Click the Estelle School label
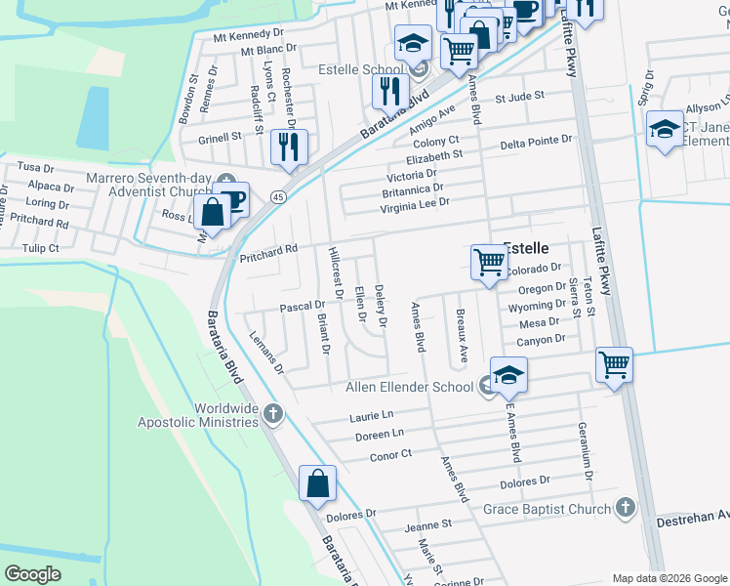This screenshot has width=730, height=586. coord(361,69)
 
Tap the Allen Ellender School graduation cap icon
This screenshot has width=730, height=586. coord(508,375)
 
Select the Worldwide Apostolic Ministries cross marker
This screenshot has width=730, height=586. coord(272,414)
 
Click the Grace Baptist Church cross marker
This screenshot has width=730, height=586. coord(625,508)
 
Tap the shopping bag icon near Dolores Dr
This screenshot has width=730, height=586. coord(318,483)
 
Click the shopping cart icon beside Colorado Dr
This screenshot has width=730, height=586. coord(488,262)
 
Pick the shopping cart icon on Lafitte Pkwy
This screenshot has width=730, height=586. coord(614,365)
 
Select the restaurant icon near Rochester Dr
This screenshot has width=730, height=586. coord(289,147)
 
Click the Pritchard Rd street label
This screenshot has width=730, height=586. coord(268,249)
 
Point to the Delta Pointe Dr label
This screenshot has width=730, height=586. coord(536,141)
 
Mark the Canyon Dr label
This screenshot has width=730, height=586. coord(542,339)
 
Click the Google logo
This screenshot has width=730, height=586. coord(33,574)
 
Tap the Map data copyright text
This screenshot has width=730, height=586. coord(669,577)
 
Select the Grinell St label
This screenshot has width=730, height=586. coord(220,138)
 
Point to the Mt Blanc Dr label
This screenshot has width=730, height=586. coord(268,50)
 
